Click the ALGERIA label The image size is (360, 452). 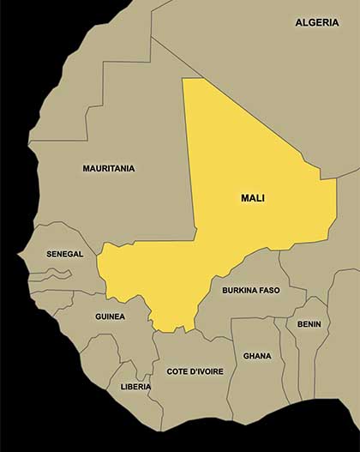316,22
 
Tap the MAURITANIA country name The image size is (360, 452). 108,169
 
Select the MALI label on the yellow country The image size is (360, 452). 253,198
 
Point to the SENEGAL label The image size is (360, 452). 65,255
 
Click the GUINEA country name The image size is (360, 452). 110,316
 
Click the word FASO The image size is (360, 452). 270,291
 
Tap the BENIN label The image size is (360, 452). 309,324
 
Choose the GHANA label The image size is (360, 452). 256,356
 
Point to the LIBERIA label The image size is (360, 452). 135,387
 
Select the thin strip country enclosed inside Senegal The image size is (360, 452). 51,274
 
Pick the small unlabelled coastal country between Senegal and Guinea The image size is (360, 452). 51,296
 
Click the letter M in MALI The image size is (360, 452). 245,198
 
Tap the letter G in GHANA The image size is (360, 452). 246,356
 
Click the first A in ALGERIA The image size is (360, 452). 299,22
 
